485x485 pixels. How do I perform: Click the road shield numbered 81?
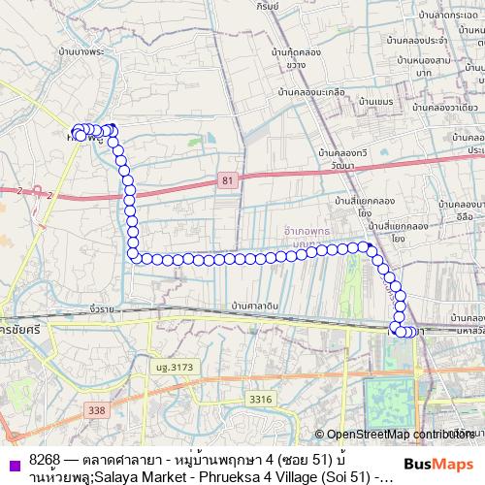(x=227, y=181)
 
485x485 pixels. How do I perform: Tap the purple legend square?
(x=13, y=465)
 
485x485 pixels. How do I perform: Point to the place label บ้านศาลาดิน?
(x=250, y=306)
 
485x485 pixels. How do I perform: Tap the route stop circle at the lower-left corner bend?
(x=132, y=255)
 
